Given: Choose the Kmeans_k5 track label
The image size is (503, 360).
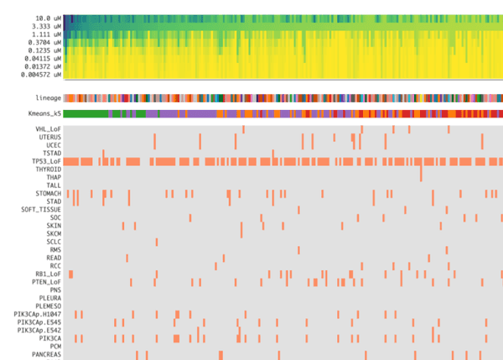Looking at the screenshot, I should pyautogui.click(x=44, y=113).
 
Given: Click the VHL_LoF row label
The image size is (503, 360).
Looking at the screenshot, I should pyautogui.click(x=48, y=128).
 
